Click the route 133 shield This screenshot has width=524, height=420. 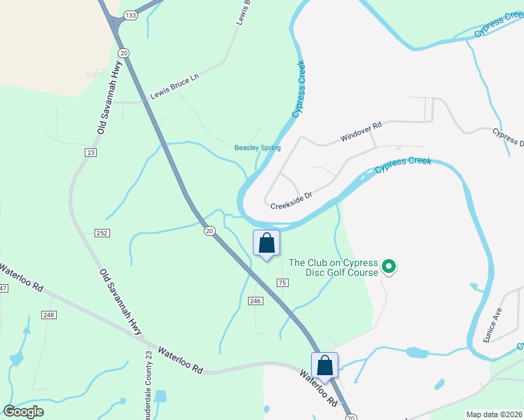tap(130, 15)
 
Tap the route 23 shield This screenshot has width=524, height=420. tap(91, 152)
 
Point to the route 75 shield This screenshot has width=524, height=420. tap(282, 282)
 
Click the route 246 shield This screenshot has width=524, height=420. tap(255, 300)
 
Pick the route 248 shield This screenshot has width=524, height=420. tap(48, 315)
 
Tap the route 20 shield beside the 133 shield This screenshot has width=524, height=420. tap(123, 53)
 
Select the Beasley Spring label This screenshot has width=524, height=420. tap(257, 148)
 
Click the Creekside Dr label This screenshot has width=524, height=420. tap(290, 199)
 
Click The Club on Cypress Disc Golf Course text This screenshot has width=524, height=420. tap(333, 267)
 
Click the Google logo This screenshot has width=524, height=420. tap(23, 412)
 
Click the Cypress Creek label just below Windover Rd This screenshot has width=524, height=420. tap(402, 166)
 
